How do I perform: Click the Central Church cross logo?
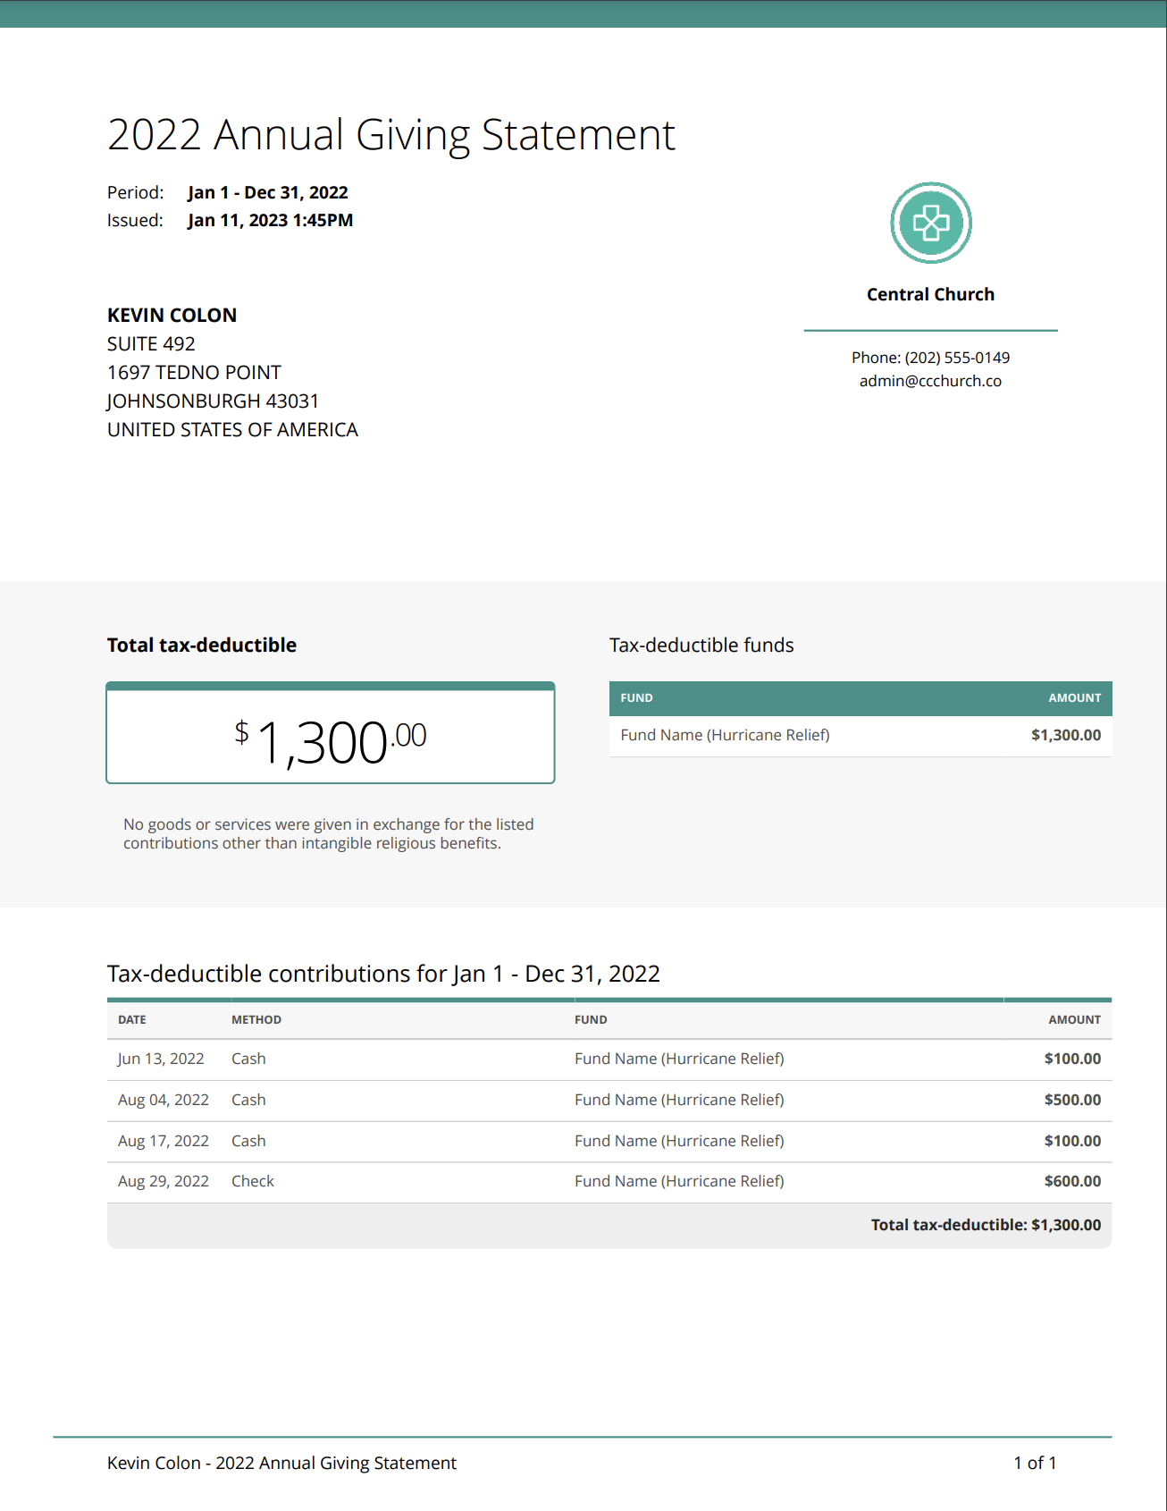(930, 223)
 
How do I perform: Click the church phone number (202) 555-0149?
(957, 358)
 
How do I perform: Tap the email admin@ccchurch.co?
(930, 381)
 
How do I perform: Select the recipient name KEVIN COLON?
(172, 316)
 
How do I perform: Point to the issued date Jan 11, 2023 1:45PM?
(270, 221)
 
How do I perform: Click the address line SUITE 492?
(151, 344)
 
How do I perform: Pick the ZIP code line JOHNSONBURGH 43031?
(213, 401)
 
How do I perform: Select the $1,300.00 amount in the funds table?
(1065, 735)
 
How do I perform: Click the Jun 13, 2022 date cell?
(161, 1059)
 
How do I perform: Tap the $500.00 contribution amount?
(1072, 1100)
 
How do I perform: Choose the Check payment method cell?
(253, 1181)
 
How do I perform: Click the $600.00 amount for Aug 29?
(1072, 1181)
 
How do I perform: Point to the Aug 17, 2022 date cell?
(164, 1141)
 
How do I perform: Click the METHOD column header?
(256, 1020)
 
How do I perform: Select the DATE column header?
(132, 1020)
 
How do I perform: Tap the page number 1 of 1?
(1035, 1463)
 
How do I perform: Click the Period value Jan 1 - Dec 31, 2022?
(267, 193)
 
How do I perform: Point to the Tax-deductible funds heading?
(701, 646)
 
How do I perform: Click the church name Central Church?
(930, 295)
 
